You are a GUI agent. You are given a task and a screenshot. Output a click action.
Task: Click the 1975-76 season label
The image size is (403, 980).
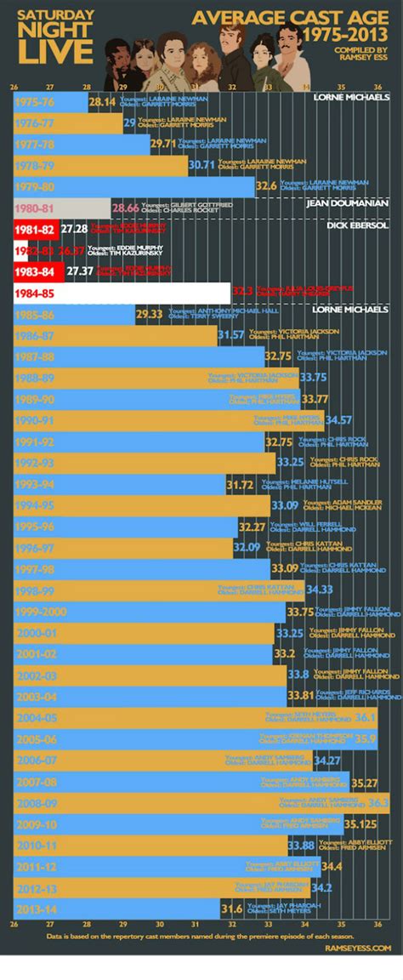click(34, 101)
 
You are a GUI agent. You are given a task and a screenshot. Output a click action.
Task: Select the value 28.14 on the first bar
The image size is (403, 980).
click(102, 101)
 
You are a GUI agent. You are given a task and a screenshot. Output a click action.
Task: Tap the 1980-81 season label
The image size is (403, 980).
click(34, 208)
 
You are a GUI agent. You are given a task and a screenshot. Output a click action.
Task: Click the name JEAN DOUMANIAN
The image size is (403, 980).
click(347, 203)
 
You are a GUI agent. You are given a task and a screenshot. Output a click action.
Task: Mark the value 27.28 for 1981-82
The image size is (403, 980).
click(75, 230)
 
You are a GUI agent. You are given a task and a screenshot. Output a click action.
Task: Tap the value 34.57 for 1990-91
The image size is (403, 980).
click(338, 419)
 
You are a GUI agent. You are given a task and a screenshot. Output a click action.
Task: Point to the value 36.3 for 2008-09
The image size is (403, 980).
click(378, 802)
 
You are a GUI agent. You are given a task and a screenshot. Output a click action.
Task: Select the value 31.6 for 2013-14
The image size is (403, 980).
click(231, 909)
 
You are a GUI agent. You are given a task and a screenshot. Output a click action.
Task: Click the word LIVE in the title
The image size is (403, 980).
click(55, 52)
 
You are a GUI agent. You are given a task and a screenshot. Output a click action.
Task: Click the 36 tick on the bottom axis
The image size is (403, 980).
click(377, 924)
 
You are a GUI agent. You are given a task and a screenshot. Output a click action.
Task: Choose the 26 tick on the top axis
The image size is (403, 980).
click(14, 86)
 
